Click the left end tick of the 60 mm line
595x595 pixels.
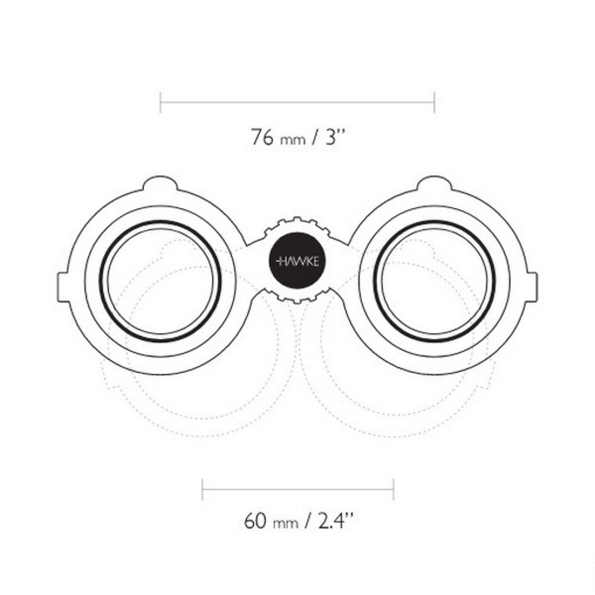click(202, 489)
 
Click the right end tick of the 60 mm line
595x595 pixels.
click(394, 489)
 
